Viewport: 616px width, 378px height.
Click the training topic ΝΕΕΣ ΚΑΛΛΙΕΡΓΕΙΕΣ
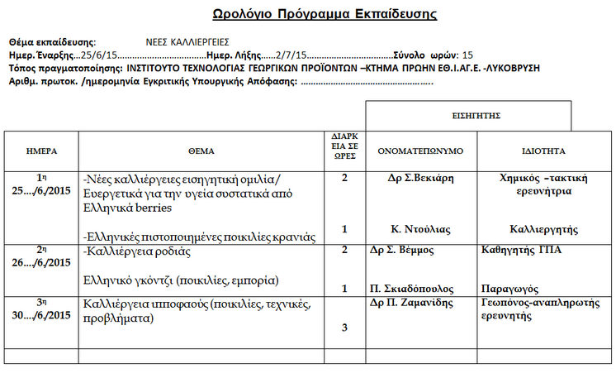click(187, 42)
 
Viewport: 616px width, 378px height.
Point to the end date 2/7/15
click(290, 54)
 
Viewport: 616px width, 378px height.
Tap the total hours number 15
click(467, 54)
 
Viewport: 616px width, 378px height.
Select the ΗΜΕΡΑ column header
click(41, 151)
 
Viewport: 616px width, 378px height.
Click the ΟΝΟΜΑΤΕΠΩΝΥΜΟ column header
click(421, 151)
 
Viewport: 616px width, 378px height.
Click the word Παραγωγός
click(509, 289)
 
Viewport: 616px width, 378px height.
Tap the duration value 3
click(345, 328)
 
